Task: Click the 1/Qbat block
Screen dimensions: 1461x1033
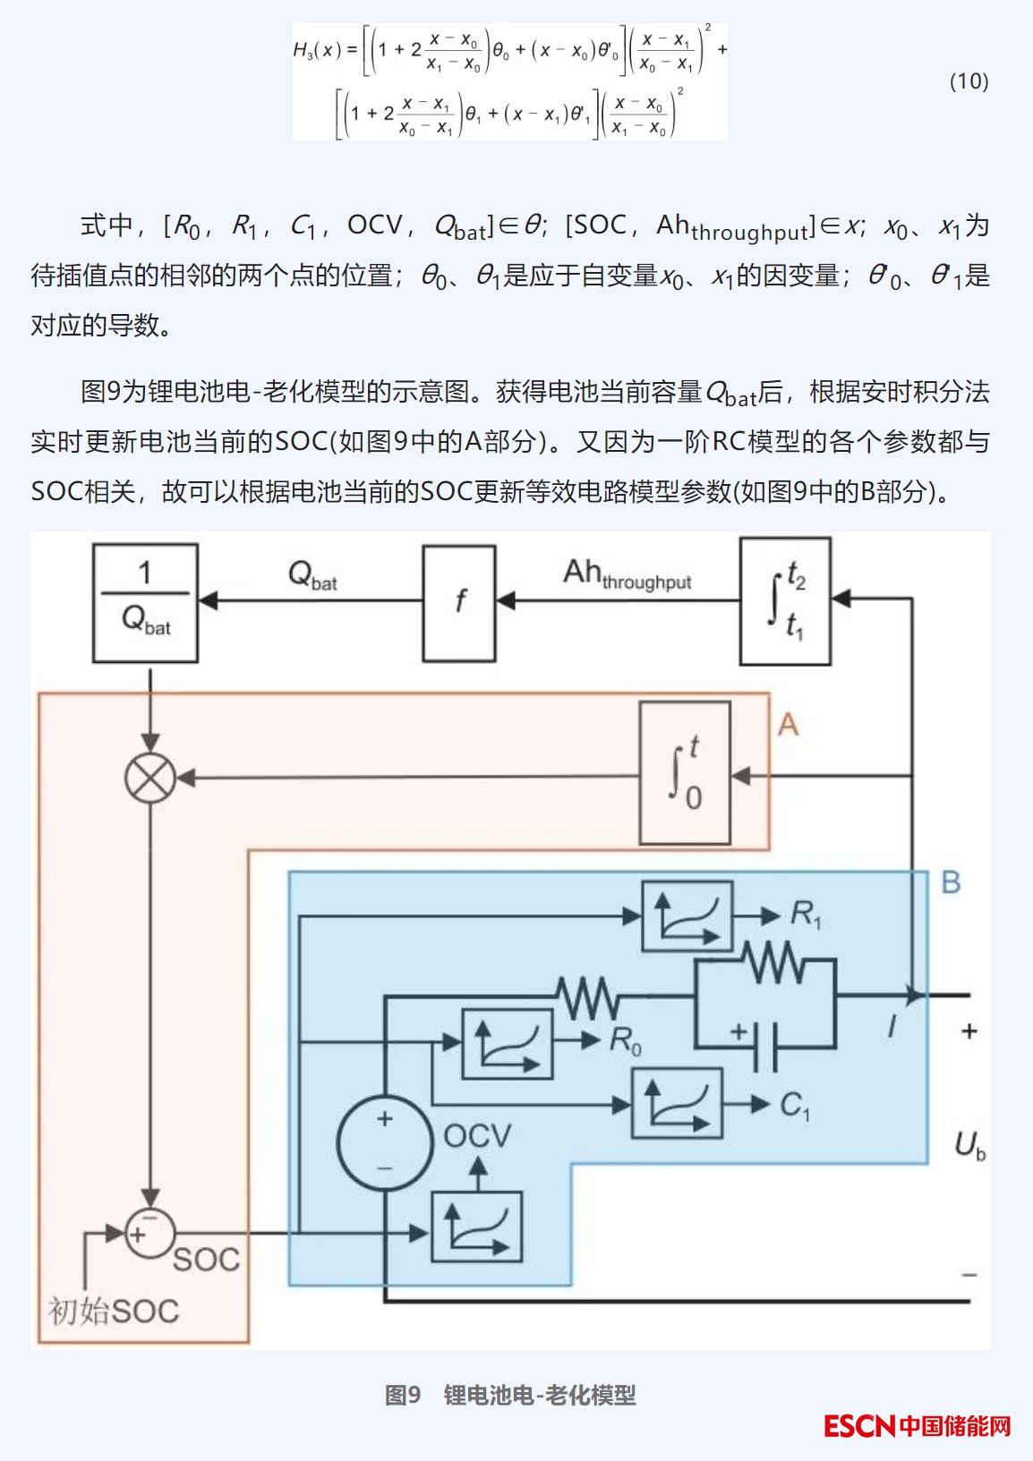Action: point(145,602)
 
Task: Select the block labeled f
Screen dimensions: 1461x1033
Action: point(459,603)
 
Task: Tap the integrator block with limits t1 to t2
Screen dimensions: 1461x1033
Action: point(785,601)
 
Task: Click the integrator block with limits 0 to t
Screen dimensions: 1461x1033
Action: point(685,773)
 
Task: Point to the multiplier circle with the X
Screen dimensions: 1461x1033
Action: point(150,777)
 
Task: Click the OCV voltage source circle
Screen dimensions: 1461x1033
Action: point(385,1142)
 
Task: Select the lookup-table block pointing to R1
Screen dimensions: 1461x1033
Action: point(687,916)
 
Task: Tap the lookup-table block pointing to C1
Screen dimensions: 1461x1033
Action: point(677,1104)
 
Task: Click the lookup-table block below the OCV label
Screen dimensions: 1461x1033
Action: point(476,1227)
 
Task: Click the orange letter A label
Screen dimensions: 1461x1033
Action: point(788,724)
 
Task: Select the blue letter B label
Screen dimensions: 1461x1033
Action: point(951,883)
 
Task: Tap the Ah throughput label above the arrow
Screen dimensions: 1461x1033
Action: point(627,574)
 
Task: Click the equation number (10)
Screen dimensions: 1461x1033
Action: point(969,81)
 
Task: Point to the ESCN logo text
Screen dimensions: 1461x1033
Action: point(859,1425)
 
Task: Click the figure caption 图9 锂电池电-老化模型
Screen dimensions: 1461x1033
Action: point(510,1395)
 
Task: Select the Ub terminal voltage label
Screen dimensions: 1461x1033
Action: point(969,1145)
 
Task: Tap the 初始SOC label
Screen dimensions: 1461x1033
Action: point(114,1312)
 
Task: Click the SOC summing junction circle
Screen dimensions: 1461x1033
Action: point(149,1234)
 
